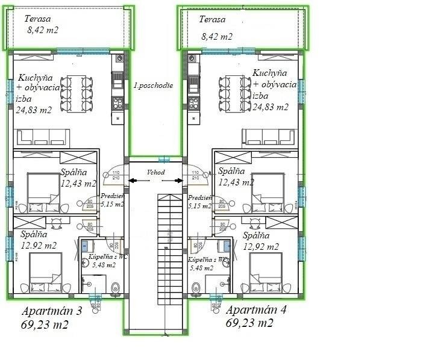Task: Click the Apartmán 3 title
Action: point(51,311)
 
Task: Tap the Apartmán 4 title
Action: point(255,311)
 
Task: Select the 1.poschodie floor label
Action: point(153,85)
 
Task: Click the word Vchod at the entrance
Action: point(155,172)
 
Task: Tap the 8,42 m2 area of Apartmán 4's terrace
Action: point(216,36)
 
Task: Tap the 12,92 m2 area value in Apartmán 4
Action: point(261,246)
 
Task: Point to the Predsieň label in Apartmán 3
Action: point(113,196)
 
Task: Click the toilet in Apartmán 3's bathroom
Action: point(115,288)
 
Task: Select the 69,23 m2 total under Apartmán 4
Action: point(249,323)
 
